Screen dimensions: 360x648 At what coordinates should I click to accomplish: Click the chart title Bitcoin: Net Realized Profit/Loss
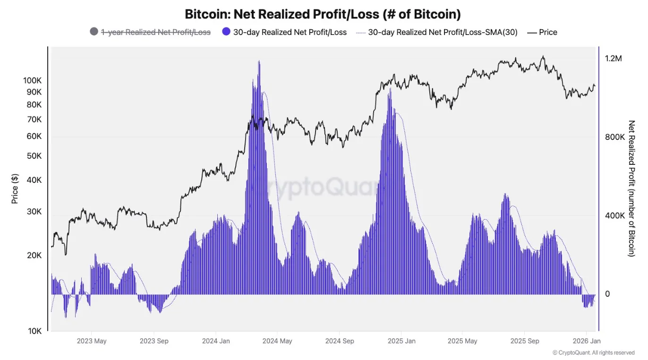(x=323, y=14)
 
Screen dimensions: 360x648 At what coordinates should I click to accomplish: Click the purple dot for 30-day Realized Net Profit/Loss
(x=226, y=32)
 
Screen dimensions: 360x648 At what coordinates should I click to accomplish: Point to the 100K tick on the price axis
(x=32, y=80)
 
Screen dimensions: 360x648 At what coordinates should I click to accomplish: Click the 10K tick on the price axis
(x=34, y=331)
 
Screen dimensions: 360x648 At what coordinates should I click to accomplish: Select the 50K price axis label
(x=34, y=156)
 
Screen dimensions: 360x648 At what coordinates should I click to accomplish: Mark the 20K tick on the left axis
(x=34, y=255)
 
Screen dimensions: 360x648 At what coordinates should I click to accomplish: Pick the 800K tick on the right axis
(x=615, y=137)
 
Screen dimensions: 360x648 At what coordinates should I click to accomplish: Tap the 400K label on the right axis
(x=615, y=215)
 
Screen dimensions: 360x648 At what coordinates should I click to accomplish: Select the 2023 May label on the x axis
(x=92, y=341)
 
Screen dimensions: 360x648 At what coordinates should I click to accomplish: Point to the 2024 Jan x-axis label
(x=216, y=341)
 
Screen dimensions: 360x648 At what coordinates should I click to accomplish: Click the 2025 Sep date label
(x=525, y=341)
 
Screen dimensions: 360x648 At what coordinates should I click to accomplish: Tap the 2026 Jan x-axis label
(x=586, y=341)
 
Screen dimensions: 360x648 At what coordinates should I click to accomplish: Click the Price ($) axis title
(x=15, y=189)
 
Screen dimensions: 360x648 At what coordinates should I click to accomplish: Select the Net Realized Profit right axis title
(x=631, y=188)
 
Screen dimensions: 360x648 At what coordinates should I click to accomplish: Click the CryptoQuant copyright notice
(x=594, y=352)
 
